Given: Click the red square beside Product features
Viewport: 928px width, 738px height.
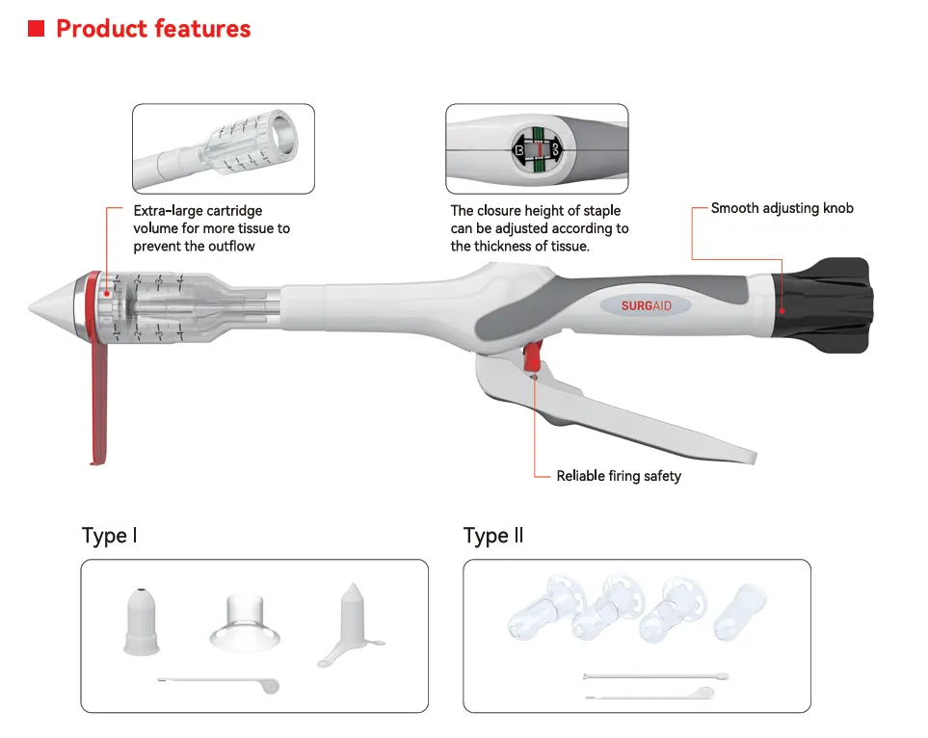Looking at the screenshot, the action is click(x=36, y=28).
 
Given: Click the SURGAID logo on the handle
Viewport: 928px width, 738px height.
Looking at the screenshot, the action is click(x=646, y=305).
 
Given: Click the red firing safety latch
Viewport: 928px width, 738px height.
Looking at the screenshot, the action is click(x=532, y=356).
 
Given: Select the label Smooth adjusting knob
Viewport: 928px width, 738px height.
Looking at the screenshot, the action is click(x=782, y=208).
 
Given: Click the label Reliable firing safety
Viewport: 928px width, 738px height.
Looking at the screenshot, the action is click(x=619, y=476).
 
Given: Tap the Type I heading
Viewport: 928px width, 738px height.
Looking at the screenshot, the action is click(x=110, y=536).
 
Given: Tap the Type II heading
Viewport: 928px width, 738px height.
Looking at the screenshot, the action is click(x=493, y=536).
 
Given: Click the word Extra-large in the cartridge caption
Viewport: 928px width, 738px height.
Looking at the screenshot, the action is click(x=168, y=211).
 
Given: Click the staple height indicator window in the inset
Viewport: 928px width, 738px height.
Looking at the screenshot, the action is click(x=537, y=149).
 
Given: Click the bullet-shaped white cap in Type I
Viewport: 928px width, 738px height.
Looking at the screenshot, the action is click(x=142, y=621).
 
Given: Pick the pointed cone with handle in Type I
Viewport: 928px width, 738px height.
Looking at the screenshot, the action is click(x=353, y=621).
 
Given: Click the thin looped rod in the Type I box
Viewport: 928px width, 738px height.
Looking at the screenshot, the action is click(x=219, y=683).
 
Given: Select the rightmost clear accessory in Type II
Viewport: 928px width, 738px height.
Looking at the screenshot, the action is click(x=740, y=612).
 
